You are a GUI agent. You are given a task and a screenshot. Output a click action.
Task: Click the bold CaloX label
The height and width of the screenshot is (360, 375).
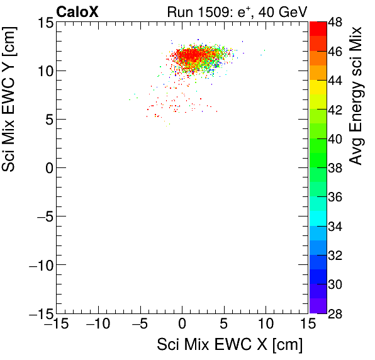(x=77, y=11)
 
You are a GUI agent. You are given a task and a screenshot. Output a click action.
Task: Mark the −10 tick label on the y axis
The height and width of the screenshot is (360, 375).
(x=38, y=265)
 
